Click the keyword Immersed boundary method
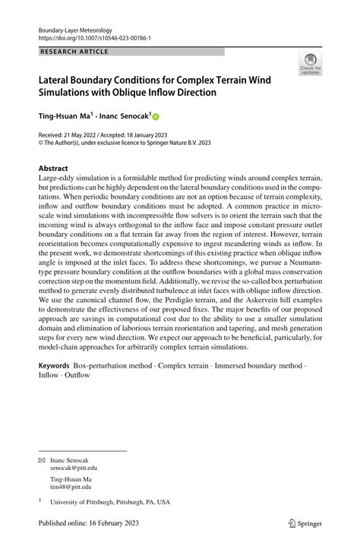click(260, 365)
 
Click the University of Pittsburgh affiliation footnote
click(109, 503)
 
